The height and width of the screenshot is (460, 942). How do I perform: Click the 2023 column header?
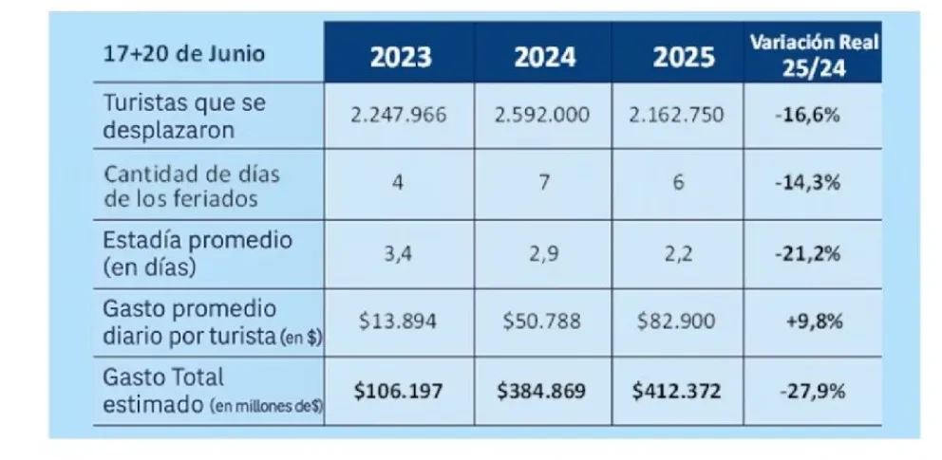click(x=400, y=57)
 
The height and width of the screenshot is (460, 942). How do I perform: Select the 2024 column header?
click(x=544, y=57)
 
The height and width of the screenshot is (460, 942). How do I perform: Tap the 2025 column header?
click(x=683, y=57)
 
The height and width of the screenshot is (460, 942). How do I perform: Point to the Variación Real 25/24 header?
click(x=816, y=54)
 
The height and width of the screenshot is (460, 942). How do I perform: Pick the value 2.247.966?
click(x=398, y=115)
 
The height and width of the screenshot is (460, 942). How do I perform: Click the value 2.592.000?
click(x=542, y=115)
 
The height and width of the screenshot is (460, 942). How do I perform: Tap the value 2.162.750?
click(x=681, y=115)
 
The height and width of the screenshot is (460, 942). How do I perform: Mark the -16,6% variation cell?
click(x=814, y=115)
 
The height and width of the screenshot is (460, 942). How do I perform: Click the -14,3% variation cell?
click(x=814, y=183)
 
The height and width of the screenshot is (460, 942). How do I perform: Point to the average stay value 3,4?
click(x=398, y=252)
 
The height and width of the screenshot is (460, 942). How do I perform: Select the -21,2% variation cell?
click(x=814, y=252)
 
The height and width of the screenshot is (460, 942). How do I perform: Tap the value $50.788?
click(x=542, y=321)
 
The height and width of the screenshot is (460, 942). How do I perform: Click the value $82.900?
click(x=681, y=321)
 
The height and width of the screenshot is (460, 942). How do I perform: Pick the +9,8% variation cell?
click(x=814, y=321)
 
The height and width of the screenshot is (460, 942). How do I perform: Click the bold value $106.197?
click(x=398, y=390)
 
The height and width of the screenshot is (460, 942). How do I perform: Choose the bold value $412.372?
click(x=681, y=390)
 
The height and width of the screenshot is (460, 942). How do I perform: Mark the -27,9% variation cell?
click(x=814, y=390)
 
